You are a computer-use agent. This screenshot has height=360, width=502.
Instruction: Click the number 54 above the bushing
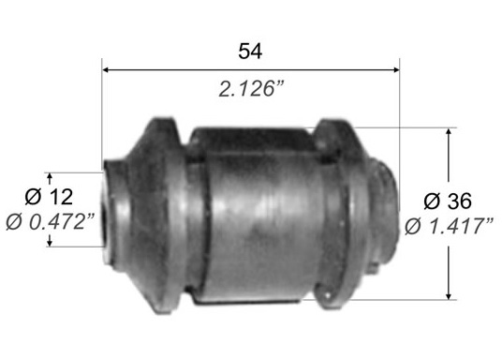click(x=250, y=51)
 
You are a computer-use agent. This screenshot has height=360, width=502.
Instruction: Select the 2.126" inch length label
click(x=251, y=88)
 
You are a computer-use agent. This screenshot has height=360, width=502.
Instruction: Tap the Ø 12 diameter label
click(x=49, y=197)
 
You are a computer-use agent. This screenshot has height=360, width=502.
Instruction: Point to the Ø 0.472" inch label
click(x=51, y=221)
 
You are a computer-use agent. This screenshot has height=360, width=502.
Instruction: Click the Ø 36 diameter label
click(x=448, y=201)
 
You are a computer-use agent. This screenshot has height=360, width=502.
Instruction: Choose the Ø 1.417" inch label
click(x=449, y=226)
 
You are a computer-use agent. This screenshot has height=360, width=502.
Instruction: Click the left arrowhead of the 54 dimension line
click(x=106, y=69)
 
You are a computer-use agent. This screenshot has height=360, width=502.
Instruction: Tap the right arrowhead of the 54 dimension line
click(x=396, y=69)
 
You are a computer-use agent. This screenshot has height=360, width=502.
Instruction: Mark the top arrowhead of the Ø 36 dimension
click(x=449, y=132)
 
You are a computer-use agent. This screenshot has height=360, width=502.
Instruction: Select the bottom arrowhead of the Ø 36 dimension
click(x=449, y=295)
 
